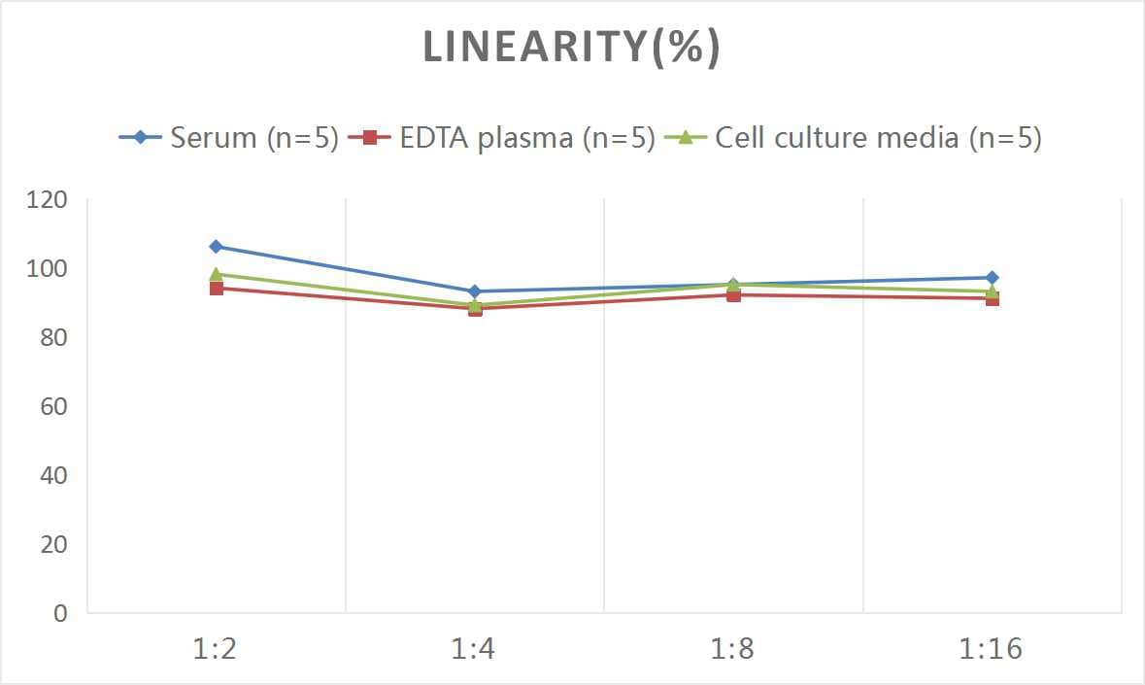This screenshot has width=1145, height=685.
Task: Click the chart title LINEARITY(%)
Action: pos(571,48)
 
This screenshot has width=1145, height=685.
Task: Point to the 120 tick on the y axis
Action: pos(48,200)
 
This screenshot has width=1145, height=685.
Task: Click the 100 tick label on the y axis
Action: pos(48,269)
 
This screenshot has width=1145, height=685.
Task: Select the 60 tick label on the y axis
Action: pos(53,406)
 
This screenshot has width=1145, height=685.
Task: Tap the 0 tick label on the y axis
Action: pos(60,613)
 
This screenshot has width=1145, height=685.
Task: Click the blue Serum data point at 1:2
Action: pos(216,247)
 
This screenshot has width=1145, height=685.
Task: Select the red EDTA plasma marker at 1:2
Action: pos(216,289)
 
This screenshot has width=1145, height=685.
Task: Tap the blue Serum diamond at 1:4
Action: pos(475,291)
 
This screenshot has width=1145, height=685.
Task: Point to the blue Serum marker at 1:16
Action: pos(992,278)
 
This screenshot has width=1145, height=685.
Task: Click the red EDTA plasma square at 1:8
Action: pos(733,295)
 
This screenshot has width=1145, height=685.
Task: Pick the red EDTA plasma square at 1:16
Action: pos(992,299)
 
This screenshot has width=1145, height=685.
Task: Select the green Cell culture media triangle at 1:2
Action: pos(216,274)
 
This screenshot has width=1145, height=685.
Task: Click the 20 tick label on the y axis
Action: pos(53,544)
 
